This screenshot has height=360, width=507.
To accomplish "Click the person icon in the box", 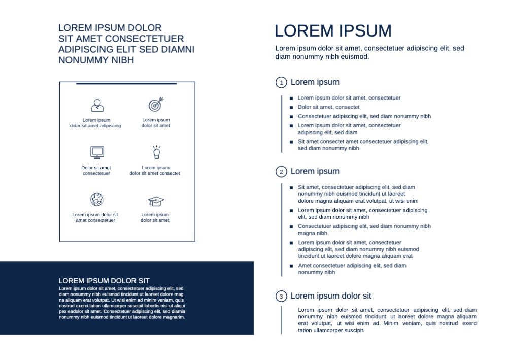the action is click(97, 105).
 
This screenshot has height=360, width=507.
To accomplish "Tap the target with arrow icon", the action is click(156, 104).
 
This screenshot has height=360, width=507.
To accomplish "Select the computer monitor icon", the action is click(97, 152).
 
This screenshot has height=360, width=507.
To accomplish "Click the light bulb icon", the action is click(156, 152).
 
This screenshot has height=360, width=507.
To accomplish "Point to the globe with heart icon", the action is click(96, 200).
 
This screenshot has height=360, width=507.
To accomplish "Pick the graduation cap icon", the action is click(156, 201).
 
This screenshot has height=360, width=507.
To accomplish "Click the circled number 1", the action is click(281, 82).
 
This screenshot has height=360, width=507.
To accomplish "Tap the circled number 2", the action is click(281, 172).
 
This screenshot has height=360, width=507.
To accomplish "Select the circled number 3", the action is click(281, 297).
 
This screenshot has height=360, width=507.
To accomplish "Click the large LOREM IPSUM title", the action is click(333, 31).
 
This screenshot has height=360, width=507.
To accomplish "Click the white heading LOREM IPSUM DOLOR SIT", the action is click(104, 281).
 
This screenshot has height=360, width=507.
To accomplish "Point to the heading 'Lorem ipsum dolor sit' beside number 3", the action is click(331, 296).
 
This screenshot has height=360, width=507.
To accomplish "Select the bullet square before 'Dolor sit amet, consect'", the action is click(291, 107).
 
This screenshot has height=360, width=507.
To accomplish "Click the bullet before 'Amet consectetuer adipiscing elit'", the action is click(291, 266).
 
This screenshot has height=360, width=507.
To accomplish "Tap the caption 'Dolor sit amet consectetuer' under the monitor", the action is click(96, 170).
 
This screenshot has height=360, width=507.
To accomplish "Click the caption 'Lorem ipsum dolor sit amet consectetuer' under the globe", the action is click(95, 217).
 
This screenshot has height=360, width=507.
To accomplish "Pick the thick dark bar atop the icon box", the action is click(126, 83).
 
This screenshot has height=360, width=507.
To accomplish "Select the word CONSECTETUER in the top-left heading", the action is click(144, 39).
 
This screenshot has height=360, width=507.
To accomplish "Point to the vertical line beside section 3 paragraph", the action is click(282, 320).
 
